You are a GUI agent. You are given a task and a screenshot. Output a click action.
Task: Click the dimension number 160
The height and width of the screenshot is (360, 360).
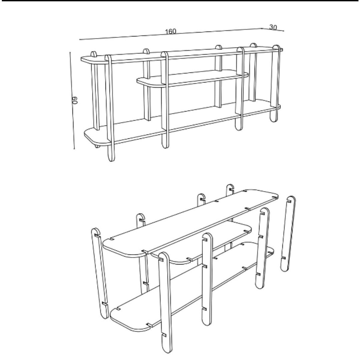click(x=170, y=31)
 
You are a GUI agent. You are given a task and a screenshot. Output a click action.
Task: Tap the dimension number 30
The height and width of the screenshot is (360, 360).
click(x=273, y=27)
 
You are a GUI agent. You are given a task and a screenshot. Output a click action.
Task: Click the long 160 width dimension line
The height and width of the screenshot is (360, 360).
click(x=126, y=36)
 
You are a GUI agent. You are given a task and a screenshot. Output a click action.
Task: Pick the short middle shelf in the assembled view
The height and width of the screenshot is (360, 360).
click(x=192, y=79)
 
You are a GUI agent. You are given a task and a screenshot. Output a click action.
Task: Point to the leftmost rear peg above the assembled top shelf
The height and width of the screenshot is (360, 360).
click(x=94, y=55)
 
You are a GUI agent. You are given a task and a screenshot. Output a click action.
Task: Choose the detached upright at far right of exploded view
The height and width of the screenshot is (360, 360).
click(x=287, y=234)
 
